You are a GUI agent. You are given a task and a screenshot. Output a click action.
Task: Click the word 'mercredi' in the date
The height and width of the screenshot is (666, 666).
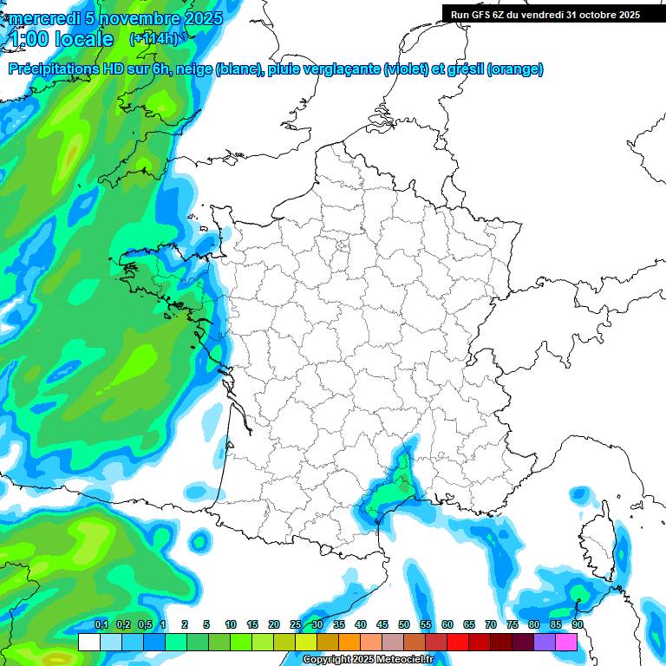43,18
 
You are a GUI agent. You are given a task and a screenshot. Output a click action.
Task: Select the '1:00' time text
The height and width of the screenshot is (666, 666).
29,39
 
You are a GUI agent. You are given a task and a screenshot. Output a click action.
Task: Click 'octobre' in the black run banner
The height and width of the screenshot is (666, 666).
592,14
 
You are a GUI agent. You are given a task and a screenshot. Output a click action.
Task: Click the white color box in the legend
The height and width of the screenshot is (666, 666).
88,642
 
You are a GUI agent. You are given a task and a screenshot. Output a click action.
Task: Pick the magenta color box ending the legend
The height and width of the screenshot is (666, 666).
566,642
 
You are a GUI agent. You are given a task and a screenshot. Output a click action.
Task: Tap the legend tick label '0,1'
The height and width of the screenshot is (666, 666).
101,624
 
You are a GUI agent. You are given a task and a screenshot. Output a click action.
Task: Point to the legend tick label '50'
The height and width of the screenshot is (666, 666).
404,624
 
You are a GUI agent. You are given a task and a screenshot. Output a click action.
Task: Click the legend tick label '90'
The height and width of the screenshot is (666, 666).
577,624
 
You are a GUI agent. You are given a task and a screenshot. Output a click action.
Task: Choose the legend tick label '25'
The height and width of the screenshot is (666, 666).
296,624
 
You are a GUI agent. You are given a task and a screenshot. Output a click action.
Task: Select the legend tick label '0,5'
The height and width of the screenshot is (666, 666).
145,624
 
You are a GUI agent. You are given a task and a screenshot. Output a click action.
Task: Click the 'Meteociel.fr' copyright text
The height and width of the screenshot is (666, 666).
400,659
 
